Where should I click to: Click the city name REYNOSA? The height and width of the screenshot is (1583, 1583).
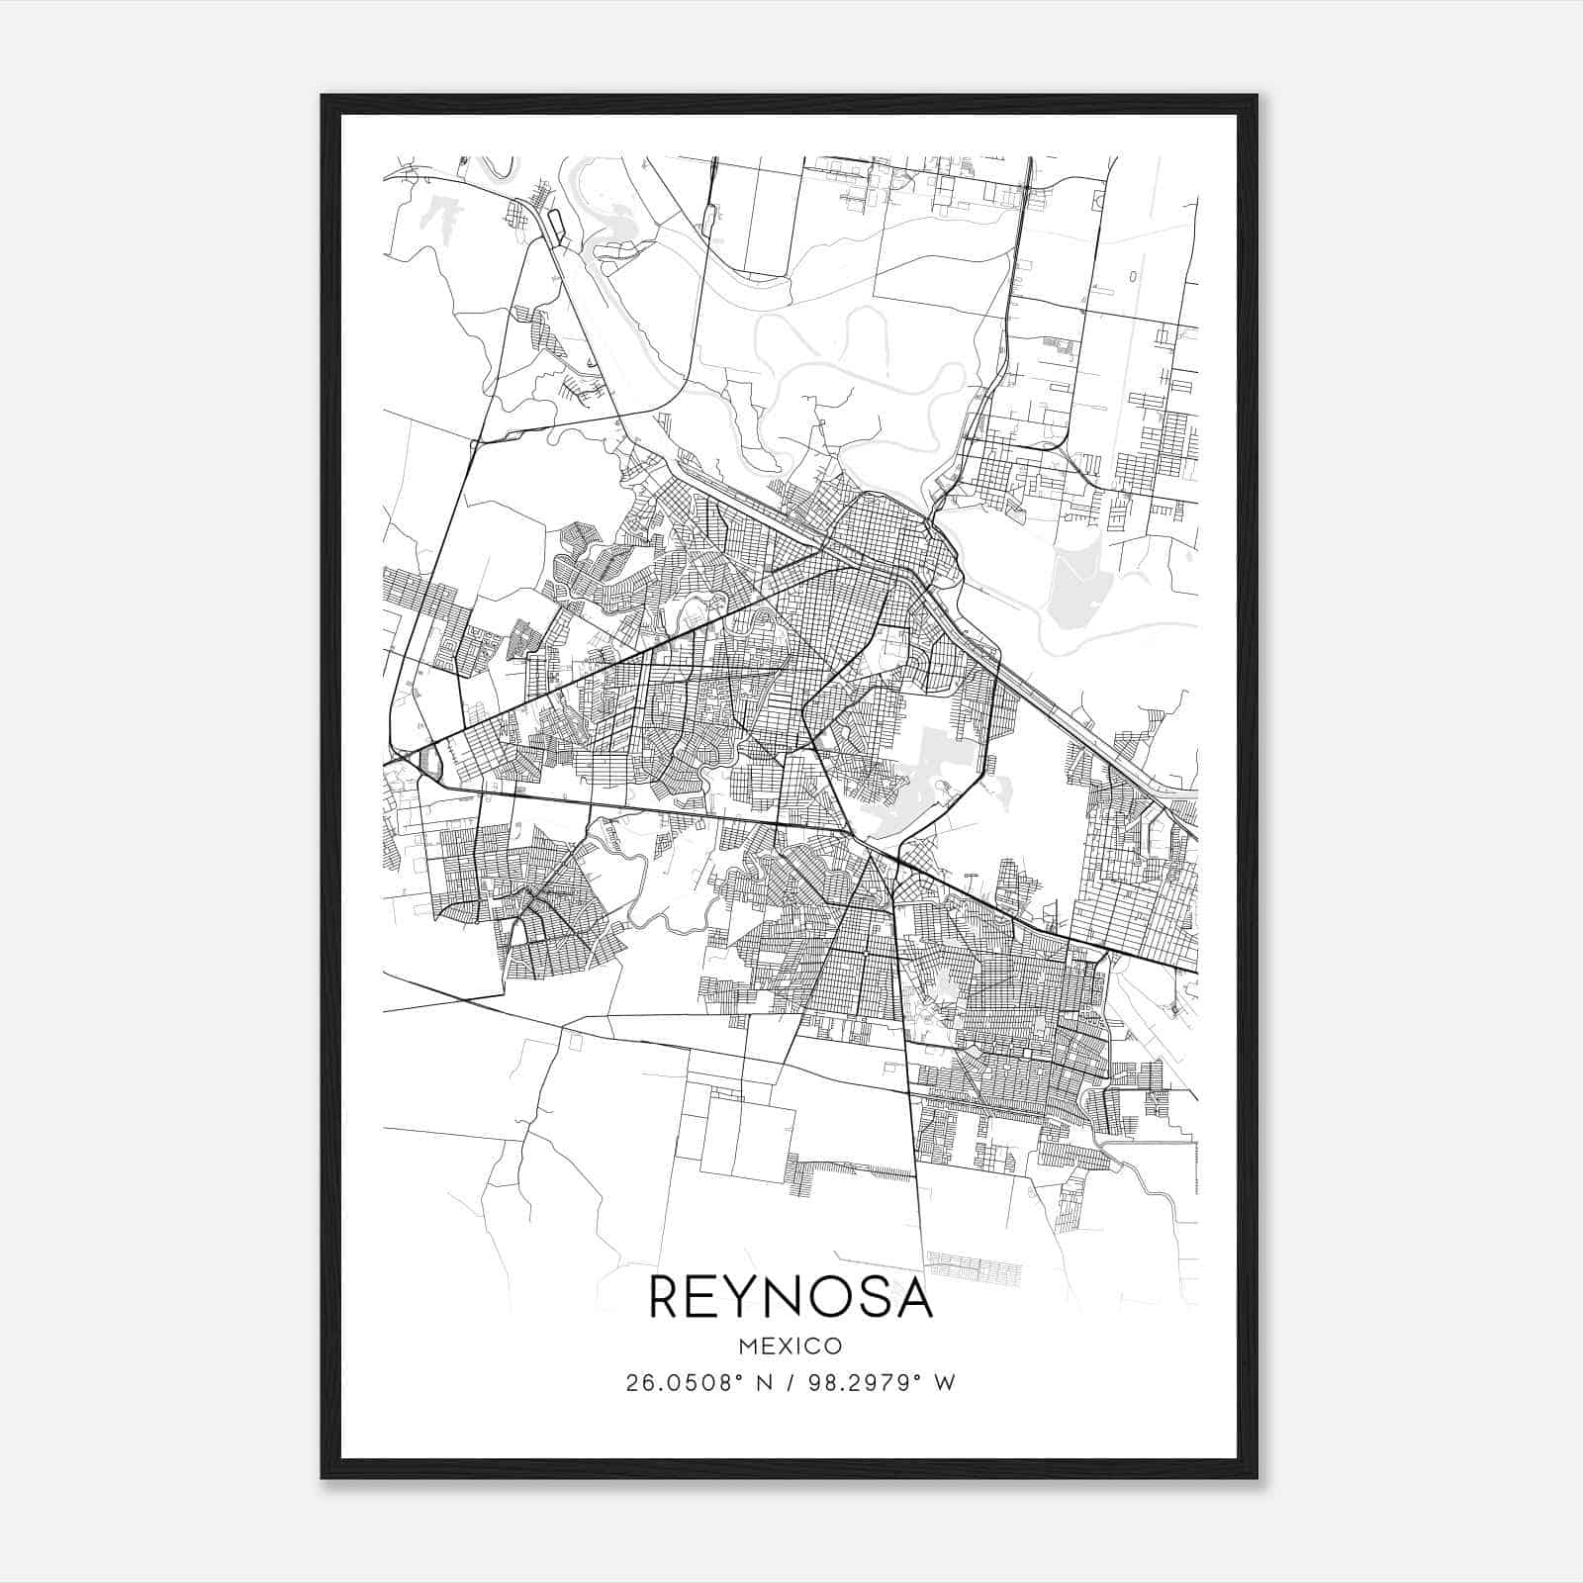click(791, 1297)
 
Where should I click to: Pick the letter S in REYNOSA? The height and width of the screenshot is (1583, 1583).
click(877, 1297)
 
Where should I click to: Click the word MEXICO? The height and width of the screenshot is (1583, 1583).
click(791, 1346)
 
